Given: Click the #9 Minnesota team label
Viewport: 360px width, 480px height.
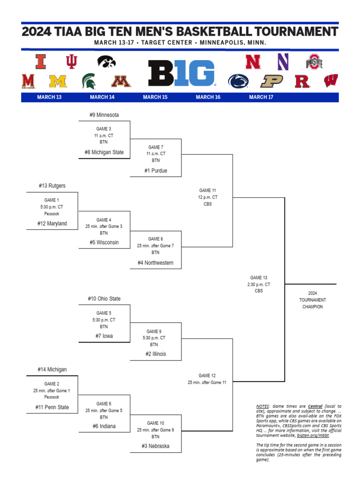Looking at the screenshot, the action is click(104, 115).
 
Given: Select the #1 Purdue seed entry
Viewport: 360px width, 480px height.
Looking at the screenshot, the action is click(156, 171).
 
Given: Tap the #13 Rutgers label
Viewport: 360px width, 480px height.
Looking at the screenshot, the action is click(52, 186).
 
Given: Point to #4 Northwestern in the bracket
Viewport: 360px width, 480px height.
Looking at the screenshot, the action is click(156, 263).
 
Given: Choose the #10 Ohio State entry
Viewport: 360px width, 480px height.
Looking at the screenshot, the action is click(104, 299).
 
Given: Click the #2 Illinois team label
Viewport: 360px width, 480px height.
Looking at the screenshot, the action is click(156, 354).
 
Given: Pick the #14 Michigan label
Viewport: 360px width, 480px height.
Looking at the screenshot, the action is click(52, 370).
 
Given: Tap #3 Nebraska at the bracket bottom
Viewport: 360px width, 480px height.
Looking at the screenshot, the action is click(156, 446).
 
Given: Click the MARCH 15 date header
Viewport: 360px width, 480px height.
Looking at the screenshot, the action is click(155, 97).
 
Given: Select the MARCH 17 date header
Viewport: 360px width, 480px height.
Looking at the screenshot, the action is click(261, 97).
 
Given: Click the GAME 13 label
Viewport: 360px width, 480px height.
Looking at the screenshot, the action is click(259, 278).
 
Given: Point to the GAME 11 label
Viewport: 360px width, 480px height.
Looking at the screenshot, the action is click(208, 190).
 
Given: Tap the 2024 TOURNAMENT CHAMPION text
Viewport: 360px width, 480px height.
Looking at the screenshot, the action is click(313, 300).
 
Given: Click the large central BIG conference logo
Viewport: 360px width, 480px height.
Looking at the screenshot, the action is click(181, 74).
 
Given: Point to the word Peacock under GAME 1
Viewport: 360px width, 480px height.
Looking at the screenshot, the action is click(52, 214).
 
